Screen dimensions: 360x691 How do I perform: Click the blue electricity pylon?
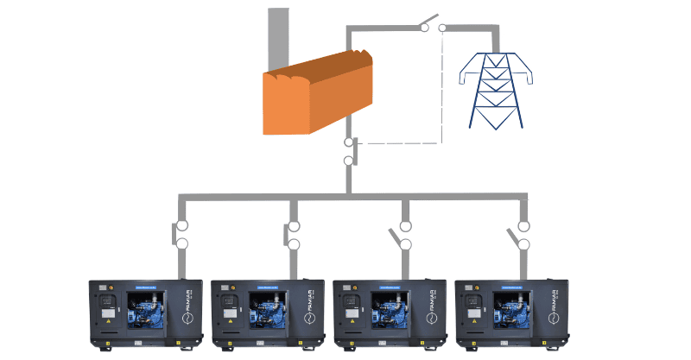[x=496, y=91]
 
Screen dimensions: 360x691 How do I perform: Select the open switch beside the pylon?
[x=433, y=24]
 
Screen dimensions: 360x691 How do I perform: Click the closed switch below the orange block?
[x=350, y=151]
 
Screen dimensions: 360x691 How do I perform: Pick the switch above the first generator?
[x=181, y=235]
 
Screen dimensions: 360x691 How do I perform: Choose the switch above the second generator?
[x=292, y=235]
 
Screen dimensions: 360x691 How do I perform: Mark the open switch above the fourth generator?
[x=519, y=235]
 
